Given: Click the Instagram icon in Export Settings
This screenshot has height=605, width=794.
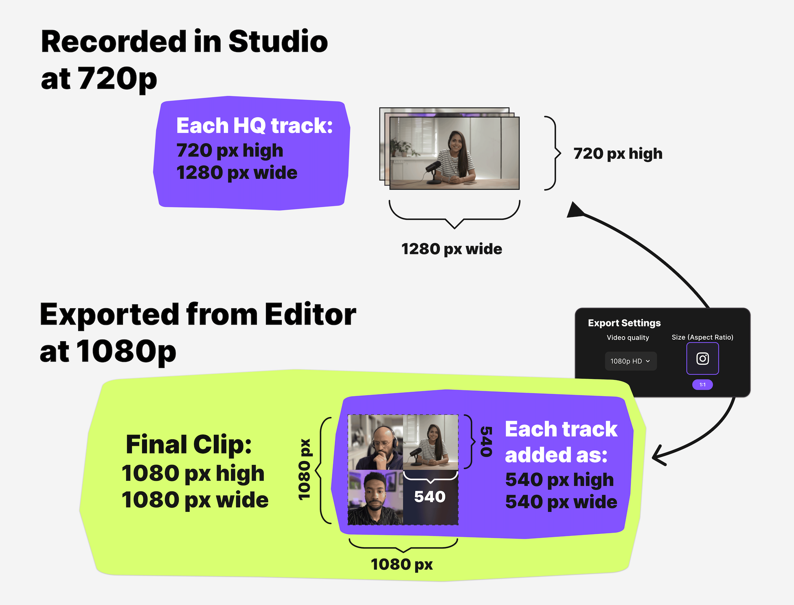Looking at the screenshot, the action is pos(702,359).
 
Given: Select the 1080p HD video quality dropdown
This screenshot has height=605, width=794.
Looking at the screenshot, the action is pos(631,361).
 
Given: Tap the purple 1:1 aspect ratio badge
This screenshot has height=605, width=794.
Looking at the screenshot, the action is pos(702,385).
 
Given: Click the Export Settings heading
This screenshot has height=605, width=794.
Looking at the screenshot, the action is pos(624,323).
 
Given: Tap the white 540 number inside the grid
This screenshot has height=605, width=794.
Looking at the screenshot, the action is pos(430,497).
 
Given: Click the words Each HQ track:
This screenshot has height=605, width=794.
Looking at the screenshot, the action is pos(254,126).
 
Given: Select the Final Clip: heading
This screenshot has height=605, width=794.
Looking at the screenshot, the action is pos(189,444).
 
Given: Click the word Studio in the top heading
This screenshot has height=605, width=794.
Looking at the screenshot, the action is pos(278,42).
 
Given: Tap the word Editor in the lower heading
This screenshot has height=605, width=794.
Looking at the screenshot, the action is pos(310,314).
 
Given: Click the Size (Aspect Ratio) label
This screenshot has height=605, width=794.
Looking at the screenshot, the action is pos(702,338).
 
